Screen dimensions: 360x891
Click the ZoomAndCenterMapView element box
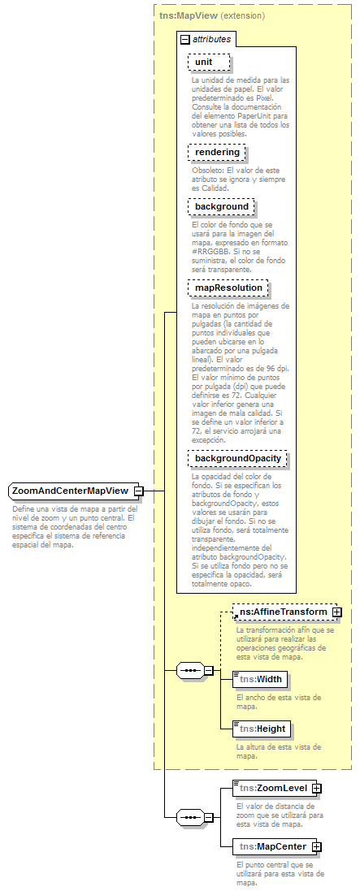tap(70, 491)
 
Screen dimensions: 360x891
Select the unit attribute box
tap(209, 63)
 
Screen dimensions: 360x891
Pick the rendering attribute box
tap(217, 152)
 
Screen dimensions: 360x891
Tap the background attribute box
tap(221, 206)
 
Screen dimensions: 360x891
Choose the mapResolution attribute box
tap(228, 288)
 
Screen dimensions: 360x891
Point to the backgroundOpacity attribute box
tap(237, 458)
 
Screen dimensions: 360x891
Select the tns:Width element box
tap(259, 679)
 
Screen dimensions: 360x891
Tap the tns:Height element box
tap(260, 728)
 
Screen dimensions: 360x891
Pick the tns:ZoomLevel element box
tap(272, 788)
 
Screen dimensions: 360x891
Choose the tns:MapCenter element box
tap(272, 846)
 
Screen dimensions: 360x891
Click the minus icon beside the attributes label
tap(185, 39)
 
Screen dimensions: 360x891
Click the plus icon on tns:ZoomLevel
tap(317, 788)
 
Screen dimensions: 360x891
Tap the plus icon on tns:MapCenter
tap(317, 846)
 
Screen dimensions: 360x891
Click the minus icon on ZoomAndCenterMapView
tap(139, 491)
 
